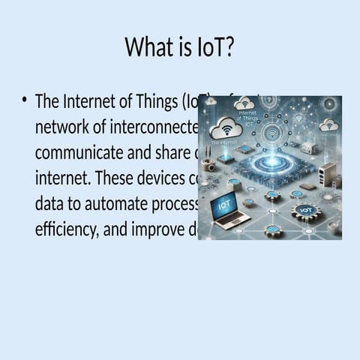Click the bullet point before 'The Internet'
(25, 100)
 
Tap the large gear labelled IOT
(306, 211)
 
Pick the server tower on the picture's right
(326, 175)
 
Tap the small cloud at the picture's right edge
(328, 124)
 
